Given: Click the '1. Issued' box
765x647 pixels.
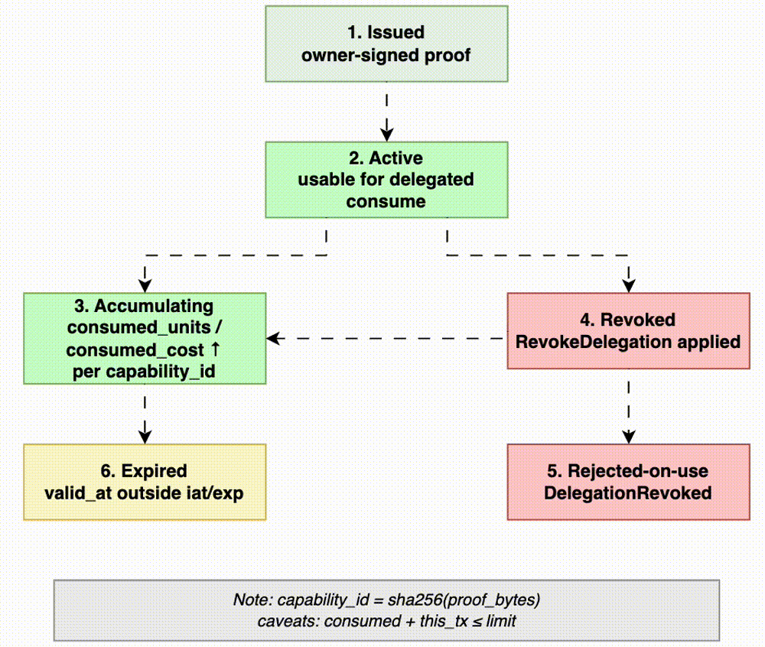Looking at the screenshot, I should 386,44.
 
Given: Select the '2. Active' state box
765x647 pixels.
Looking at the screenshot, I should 386,179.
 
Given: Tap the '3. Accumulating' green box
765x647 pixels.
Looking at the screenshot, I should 145,337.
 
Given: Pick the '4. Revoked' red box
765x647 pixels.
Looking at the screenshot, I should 628,330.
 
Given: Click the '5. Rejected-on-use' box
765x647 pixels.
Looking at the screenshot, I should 628,482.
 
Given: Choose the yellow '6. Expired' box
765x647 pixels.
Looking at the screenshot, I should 145,482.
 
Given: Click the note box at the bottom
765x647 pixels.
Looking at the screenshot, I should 386,610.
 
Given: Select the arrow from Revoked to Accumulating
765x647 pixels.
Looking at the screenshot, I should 386,337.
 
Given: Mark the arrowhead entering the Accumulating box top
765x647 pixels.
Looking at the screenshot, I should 145,285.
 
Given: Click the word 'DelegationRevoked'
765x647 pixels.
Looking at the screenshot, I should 628,493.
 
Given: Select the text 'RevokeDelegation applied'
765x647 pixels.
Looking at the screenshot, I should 628,342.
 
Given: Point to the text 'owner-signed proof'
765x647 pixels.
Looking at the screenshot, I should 386,55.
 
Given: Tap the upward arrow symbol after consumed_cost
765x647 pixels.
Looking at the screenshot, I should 216,350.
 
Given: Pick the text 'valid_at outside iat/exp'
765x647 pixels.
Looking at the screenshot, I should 145,493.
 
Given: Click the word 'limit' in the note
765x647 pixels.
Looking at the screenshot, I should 501,620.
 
